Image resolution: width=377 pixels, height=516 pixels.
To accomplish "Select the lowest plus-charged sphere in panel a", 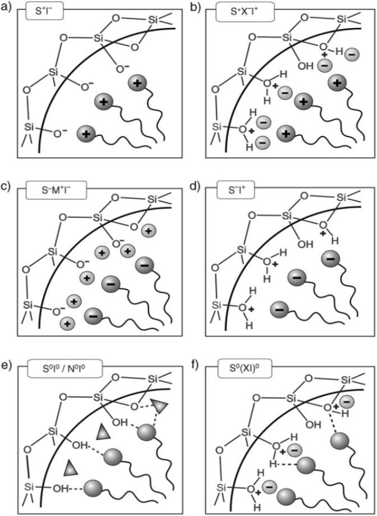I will point(86,134).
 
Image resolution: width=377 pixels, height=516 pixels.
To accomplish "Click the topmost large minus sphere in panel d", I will point(329,259).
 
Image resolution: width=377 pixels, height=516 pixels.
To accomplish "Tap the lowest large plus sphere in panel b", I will point(288,134).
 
